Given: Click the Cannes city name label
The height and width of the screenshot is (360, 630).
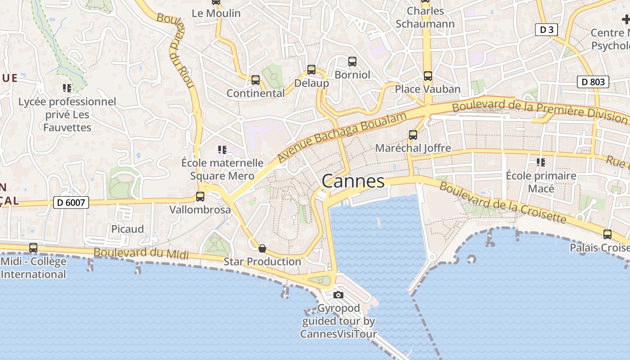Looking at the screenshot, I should click(x=353, y=181).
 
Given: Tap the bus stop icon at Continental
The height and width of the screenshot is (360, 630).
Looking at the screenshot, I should click(x=256, y=80).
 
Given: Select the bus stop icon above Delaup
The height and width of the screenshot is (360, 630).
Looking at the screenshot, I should click(x=311, y=70).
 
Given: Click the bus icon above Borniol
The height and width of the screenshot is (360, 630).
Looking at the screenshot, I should click(x=352, y=61).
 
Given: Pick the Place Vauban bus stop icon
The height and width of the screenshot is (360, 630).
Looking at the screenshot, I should click(x=427, y=76).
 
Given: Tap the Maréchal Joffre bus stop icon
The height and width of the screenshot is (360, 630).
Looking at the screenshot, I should click(x=413, y=135).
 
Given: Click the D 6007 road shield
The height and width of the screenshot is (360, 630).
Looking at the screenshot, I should click(x=71, y=202).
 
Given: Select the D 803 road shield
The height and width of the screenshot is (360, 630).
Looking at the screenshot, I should click(x=593, y=82).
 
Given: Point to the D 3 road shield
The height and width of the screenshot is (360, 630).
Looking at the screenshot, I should click(x=546, y=30).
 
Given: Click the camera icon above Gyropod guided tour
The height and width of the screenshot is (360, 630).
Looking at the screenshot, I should click(x=338, y=295).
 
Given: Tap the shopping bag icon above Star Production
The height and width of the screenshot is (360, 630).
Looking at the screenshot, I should click(x=262, y=248).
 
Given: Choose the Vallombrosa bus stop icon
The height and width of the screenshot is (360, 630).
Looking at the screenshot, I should click(x=200, y=197).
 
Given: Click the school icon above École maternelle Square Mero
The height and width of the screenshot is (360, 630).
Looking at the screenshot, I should click(x=222, y=149).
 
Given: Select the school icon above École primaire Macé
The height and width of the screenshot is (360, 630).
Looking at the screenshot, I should click(x=541, y=162).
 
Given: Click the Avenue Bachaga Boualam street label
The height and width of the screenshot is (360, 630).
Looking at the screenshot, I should click(x=342, y=137).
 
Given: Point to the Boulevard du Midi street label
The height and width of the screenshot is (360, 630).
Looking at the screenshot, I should click(x=141, y=253).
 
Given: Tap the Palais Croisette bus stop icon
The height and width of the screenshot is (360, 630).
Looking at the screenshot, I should click(x=607, y=234).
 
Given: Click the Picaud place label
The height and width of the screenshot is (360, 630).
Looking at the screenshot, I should click(x=127, y=229).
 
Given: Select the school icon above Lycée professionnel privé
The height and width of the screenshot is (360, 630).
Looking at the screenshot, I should click(x=67, y=88).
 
